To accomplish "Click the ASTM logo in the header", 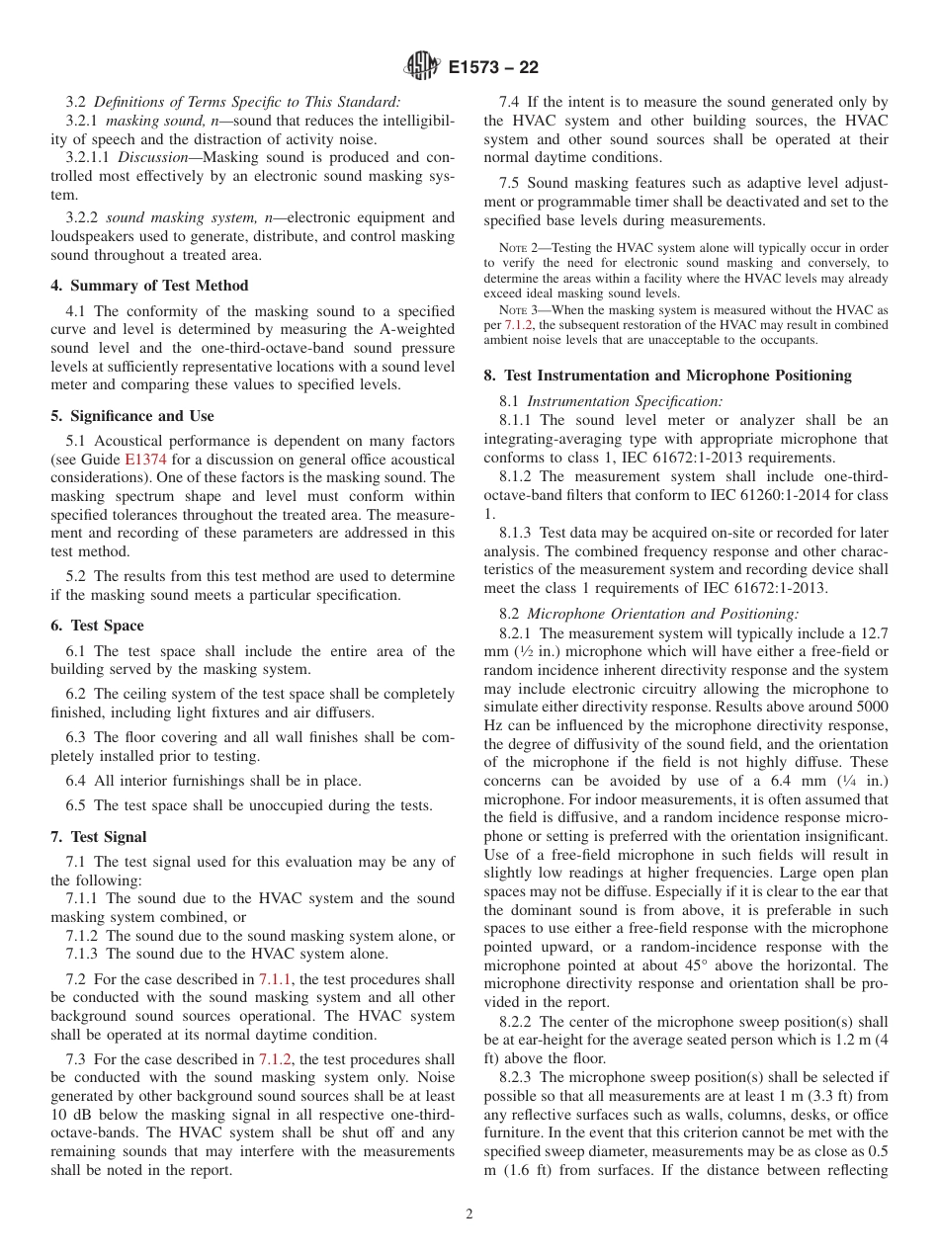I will (422, 67).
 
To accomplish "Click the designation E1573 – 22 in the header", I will (492, 68).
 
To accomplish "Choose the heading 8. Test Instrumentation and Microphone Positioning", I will (667, 376).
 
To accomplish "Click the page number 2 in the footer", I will (469, 1215).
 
